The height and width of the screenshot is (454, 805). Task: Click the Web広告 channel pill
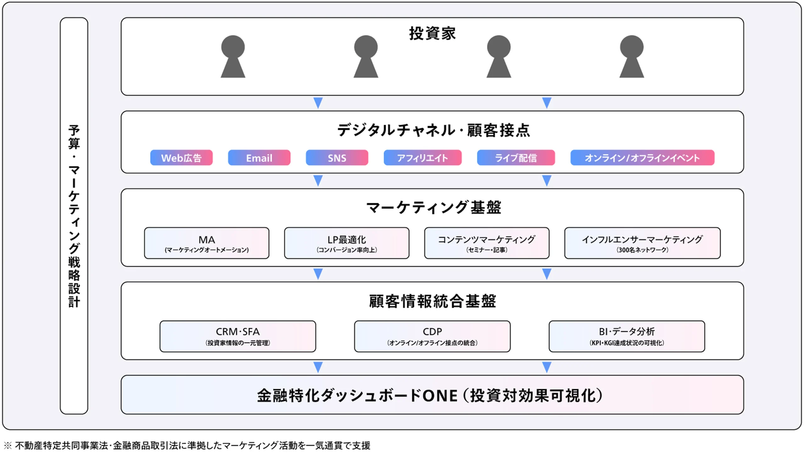tap(181, 158)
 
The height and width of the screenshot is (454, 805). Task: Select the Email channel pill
tap(259, 158)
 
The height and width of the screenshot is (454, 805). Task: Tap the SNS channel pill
tap(337, 158)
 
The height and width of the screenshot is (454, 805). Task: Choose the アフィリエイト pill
tap(422, 158)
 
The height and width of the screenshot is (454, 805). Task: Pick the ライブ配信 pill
tap(516, 158)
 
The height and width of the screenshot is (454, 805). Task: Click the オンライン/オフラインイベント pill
tap(642, 158)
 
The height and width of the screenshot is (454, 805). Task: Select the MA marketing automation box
tap(207, 243)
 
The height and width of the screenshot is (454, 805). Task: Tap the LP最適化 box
tap(347, 243)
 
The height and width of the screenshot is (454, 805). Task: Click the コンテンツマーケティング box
tap(486, 243)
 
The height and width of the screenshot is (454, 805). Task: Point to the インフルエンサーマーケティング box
tap(642, 243)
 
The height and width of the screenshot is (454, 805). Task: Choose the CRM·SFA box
tap(238, 336)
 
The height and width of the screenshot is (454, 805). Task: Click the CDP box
tap(432, 336)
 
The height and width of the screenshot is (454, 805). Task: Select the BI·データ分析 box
tap(626, 336)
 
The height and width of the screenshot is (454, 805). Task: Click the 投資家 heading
tap(432, 33)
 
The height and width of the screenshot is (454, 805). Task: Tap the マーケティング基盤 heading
tap(433, 207)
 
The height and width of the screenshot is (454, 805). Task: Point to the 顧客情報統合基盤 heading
tap(432, 301)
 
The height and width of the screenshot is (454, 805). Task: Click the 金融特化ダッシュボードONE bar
tap(432, 395)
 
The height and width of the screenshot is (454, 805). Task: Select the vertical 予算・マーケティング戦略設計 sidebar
tap(74, 216)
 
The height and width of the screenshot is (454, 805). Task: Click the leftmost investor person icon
tap(233, 57)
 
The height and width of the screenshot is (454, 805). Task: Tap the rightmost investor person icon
tap(631, 57)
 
